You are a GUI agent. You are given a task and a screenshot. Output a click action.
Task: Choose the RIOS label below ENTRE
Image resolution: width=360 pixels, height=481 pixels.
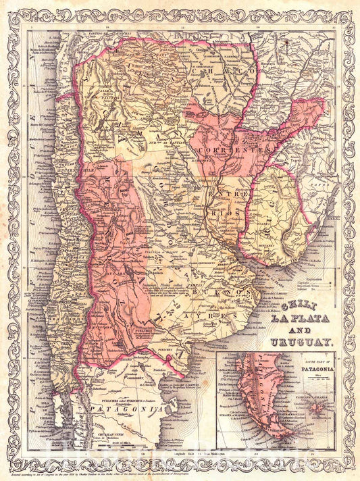226,209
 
